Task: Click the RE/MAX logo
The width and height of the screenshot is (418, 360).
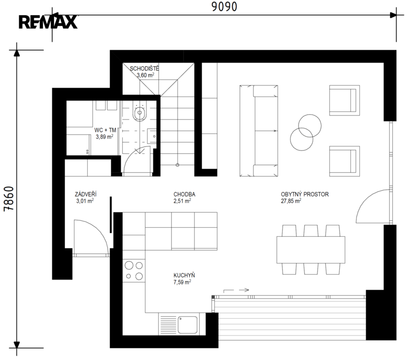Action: (x=48, y=22)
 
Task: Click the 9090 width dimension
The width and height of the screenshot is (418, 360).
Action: (x=224, y=7)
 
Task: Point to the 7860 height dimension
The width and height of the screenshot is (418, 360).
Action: (x=8, y=199)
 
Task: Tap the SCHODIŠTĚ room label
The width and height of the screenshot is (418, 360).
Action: (x=144, y=68)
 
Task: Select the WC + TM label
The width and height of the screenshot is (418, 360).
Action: (x=105, y=130)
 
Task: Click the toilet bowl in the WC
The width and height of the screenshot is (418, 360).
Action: (x=140, y=112)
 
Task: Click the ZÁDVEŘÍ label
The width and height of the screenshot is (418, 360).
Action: (x=86, y=194)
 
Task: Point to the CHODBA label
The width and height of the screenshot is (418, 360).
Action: (x=184, y=195)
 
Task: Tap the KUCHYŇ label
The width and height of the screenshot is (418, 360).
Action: (x=184, y=275)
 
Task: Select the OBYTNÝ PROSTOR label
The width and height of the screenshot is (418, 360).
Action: (x=305, y=195)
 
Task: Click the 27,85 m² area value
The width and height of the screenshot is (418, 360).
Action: (x=291, y=201)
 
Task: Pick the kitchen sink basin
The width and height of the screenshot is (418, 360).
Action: (x=187, y=324)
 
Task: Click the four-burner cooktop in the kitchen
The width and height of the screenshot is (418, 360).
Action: (x=134, y=270)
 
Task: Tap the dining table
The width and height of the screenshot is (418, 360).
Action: (x=311, y=249)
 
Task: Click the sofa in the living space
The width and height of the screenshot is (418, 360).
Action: (x=259, y=131)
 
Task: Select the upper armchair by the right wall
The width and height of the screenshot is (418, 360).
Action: (x=344, y=100)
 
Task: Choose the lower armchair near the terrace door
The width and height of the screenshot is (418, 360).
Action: (x=344, y=161)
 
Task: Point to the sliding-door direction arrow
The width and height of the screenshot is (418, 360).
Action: (x=236, y=291)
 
